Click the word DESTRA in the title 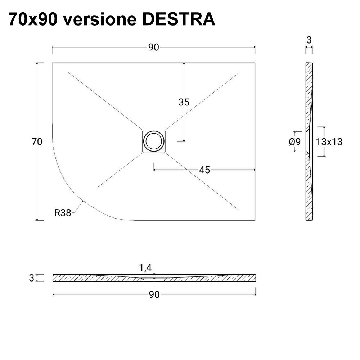coord(179,19)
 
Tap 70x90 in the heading coord(32,19)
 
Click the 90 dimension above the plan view coord(154,48)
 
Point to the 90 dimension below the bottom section coord(154,294)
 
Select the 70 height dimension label coord(37,142)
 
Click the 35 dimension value coord(184,102)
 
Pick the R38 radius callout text coord(63,213)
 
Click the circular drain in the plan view coord(154,141)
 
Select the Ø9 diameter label coord(294,142)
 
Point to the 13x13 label coord(329,142)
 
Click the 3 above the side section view coord(309,40)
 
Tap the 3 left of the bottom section coord(32,278)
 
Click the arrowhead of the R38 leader coord(82,201)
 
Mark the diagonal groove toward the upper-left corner coord(104,100)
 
